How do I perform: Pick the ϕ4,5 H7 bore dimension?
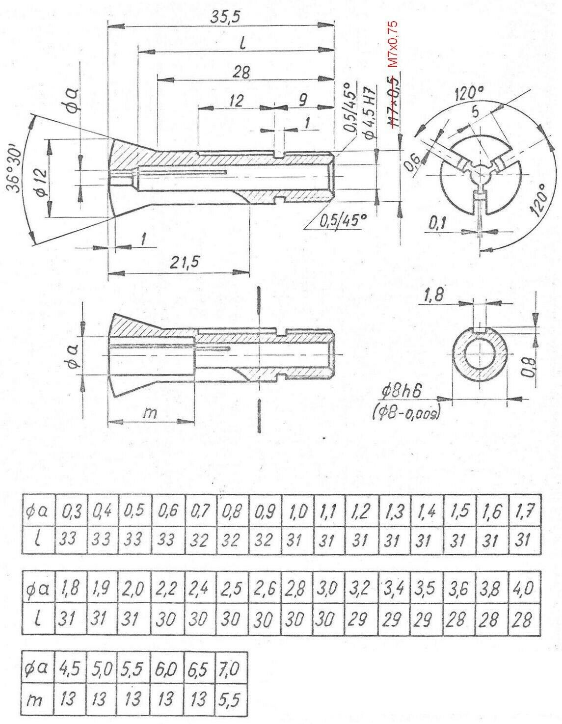[x=370, y=114]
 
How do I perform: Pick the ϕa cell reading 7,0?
[x=229, y=669]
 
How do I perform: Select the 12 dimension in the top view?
[x=236, y=101]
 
